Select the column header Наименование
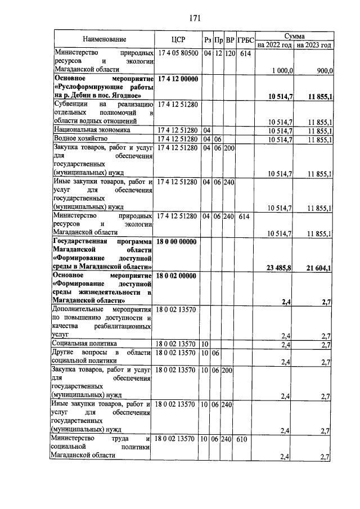click(104, 39)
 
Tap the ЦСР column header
click(177, 39)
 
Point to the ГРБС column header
click(245, 40)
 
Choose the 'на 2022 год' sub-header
click(274, 44)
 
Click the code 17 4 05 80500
click(177, 53)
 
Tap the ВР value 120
click(229, 53)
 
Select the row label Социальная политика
click(84, 343)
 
